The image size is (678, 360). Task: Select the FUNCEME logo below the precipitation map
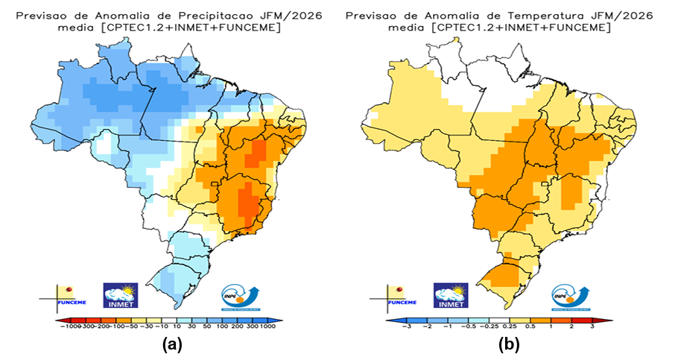point(62,296)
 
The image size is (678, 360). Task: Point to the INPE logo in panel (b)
point(571,296)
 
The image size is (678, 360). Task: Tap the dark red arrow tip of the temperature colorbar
point(610,319)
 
